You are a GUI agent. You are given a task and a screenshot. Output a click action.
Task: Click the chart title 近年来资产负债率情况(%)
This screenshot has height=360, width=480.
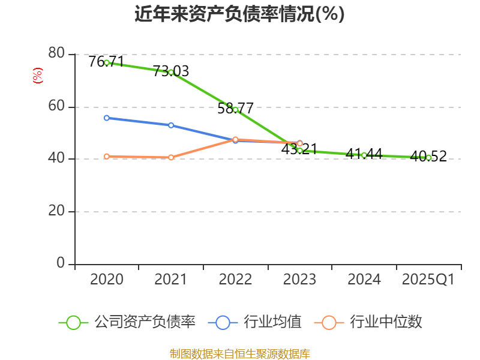[x=239, y=14]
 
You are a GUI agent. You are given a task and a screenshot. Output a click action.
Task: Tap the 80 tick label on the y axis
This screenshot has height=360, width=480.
[x=56, y=53]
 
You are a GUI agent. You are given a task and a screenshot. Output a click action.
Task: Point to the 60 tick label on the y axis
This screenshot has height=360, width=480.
[x=56, y=107]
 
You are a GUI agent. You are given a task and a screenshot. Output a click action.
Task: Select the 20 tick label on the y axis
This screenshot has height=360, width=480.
[x=56, y=211]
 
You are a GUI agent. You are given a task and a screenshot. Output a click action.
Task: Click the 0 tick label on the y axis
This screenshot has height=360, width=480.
[x=61, y=263]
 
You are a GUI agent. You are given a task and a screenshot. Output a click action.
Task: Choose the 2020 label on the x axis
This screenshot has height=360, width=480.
[x=107, y=280]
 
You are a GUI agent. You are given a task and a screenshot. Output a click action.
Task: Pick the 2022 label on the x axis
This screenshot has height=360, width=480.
[x=235, y=280]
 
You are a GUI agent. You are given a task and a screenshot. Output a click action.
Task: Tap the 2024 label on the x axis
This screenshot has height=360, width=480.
[x=364, y=280]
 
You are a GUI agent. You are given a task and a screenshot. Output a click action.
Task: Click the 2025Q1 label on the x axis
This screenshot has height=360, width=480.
[x=428, y=280]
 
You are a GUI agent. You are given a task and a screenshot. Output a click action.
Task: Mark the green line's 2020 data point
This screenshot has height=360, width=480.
[x=107, y=62]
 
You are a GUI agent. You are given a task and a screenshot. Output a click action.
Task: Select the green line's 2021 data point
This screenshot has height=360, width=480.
[x=171, y=72]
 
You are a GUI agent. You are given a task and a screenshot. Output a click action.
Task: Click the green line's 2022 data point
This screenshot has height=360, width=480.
[x=236, y=110]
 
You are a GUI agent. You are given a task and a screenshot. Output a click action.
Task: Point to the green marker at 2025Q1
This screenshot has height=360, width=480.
[x=428, y=158]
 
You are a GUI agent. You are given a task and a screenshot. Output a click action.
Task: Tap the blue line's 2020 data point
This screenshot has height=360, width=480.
[x=107, y=118]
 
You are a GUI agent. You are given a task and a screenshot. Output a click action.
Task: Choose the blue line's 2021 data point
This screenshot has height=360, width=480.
[x=171, y=125]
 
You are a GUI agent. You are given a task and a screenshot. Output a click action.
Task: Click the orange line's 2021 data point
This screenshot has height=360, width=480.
[x=171, y=157]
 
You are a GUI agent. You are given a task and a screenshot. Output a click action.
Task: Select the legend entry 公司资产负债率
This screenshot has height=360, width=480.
[x=127, y=322]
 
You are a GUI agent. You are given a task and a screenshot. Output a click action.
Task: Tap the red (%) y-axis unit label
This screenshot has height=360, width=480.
[x=37, y=76]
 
